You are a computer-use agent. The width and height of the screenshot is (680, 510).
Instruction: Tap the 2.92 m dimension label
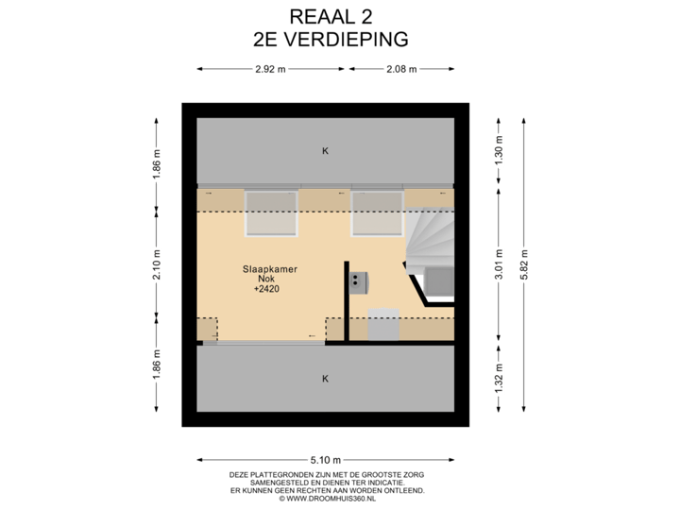(271, 69)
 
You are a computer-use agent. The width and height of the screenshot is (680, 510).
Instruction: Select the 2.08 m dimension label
(401, 69)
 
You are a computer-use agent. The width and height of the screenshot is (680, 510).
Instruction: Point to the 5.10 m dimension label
(325, 460)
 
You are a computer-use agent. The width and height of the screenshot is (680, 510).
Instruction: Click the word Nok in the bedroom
(267, 280)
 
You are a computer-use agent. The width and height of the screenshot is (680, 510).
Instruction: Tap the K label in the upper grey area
(325, 151)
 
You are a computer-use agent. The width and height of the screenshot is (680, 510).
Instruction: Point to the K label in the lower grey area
(325, 379)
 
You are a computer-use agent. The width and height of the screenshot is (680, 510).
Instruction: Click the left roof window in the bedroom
(272, 213)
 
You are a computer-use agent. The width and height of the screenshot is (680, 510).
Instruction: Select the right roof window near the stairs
(378, 213)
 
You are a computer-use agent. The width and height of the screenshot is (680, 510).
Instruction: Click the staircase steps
(430, 241)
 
